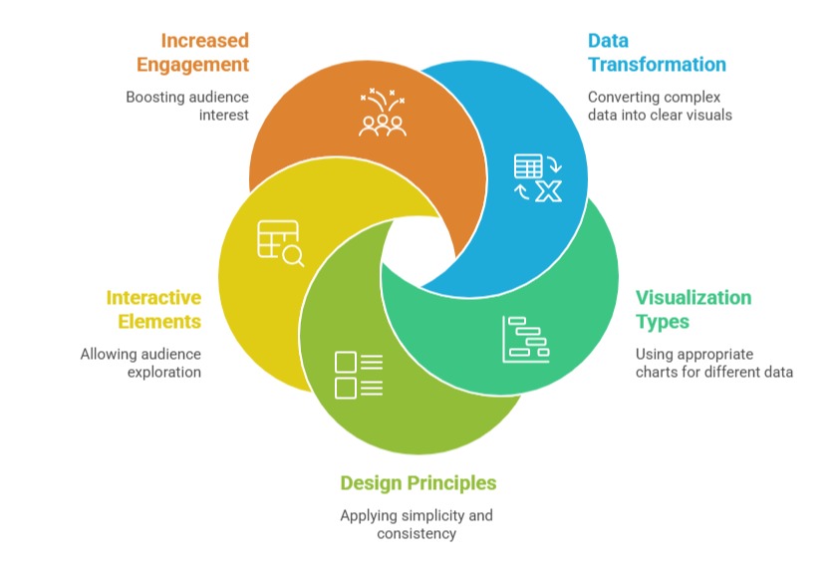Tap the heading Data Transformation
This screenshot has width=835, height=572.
(656, 53)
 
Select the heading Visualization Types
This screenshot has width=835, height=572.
(694, 310)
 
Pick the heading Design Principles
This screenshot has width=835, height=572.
(417, 483)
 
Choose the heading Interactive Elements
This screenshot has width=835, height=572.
(153, 310)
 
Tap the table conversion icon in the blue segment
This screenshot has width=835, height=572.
(537, 177)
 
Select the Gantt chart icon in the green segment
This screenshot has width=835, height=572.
(525, 339)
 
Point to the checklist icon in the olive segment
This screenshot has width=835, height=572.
(359, 375)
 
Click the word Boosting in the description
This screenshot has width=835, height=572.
(157, 97)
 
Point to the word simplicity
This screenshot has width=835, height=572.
(434, 515)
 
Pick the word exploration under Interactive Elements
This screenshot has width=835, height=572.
(163, 372)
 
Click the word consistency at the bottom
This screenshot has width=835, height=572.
(417, 533)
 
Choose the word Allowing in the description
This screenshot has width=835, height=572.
(109, 354)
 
